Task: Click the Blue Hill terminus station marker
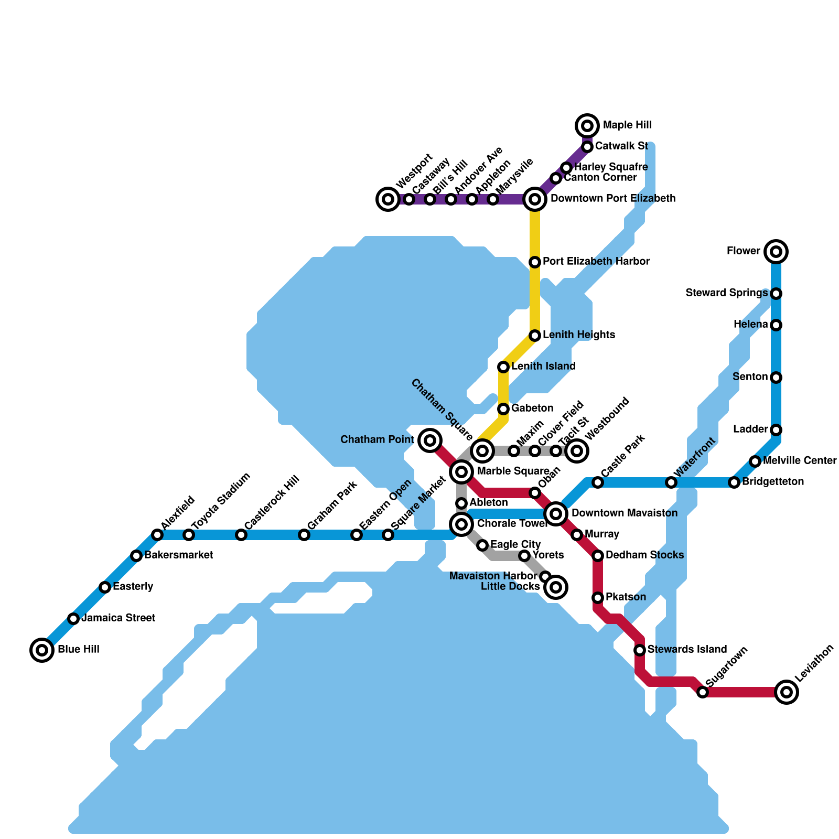(42, 650)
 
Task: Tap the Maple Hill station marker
(587, 126)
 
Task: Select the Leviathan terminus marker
(787, 692)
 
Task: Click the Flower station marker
(776, 252)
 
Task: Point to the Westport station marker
(388, 199)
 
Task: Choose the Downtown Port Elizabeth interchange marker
(535, 199)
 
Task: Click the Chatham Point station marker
(430, 440)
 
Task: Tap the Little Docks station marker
(556, 587)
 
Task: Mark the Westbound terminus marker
(577, 450)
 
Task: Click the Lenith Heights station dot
(535, 336)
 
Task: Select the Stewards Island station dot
(640, 650)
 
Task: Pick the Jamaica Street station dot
(73, 619)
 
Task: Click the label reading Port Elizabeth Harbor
(596, 261)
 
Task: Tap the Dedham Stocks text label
(644, 555)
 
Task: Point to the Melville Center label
(800, 460)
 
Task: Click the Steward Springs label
(727, 293)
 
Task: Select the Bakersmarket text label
(178, 555)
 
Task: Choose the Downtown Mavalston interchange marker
(556, 514)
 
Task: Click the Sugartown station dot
(703, 692)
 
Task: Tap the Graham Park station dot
(304, 535)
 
